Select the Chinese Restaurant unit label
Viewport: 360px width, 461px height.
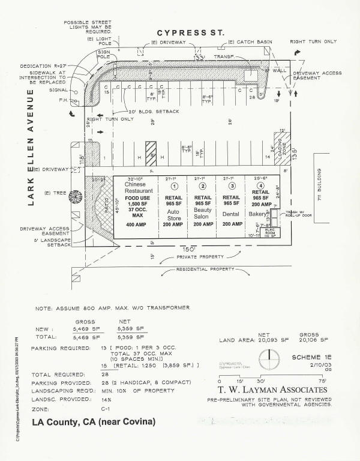pyautogui.click(x=135, y=187)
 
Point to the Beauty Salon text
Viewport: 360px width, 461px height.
pyautogui.click(x=202, y=215)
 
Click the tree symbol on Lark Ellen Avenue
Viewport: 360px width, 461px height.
pyautogui.click(x=76, y=196)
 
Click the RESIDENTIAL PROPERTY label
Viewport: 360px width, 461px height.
pyautogui.click(x=205, y=270)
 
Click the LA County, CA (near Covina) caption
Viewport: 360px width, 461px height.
pyautogui.click(x=93, y=423)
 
